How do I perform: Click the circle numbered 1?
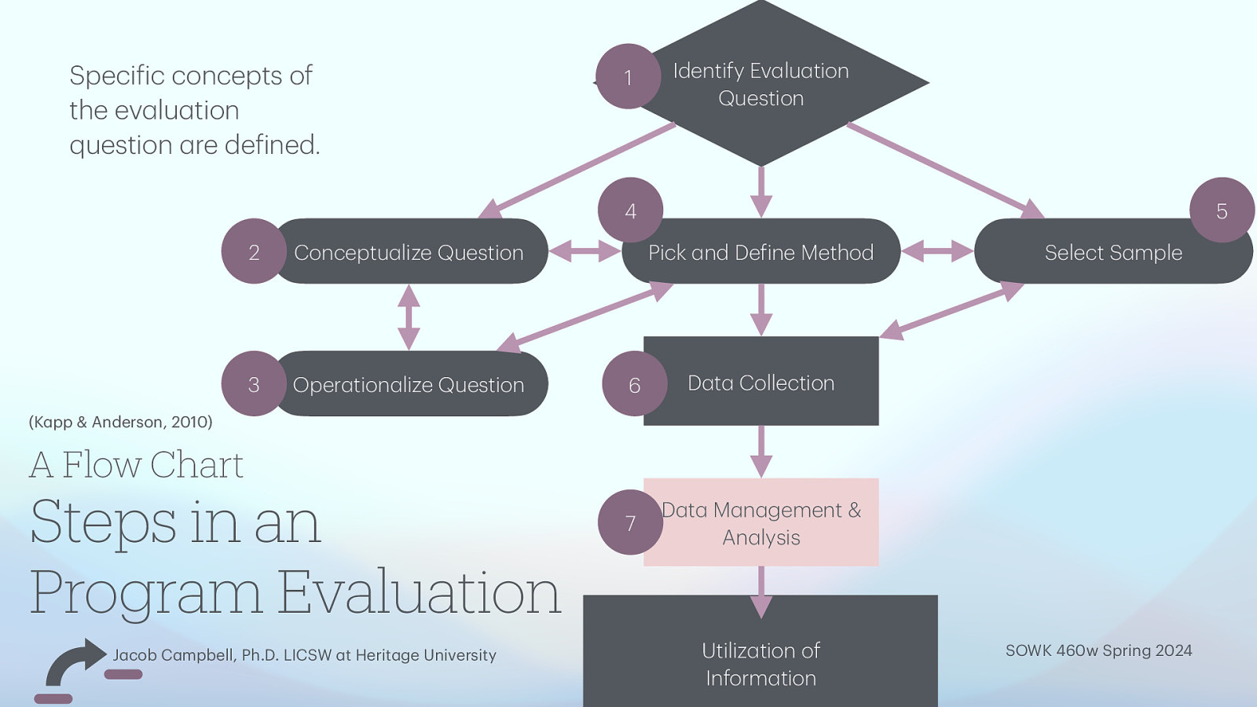(628, 77)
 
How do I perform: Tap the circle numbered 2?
(254, 251)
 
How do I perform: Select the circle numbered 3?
(254, 384)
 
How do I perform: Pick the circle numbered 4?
(630, 211)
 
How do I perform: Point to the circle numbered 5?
(1222, 211)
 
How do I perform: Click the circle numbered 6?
(634, 384)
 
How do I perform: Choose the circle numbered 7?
(630, 522)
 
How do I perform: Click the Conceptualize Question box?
(409, 252)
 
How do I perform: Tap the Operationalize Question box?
(409, 385)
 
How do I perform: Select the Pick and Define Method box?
(760, 253)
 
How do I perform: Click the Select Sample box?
(1112, 253)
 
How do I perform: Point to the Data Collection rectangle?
(760, 383)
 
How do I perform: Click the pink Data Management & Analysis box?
(760, 524)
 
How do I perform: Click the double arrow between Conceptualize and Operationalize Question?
(409, 317)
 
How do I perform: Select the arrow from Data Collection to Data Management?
(760, 452)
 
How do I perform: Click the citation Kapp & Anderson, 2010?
(120, 422)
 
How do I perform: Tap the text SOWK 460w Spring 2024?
(1098, 650)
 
